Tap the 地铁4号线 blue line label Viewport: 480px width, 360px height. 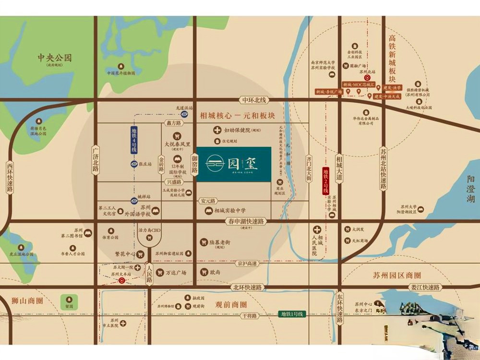pyautogui.click(x=134, y=140)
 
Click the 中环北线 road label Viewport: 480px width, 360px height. pyautogui.click(x=254, y=100)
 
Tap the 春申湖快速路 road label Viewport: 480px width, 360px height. pyautogui.click(x=245, y=221)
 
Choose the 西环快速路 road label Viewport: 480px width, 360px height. pyautogui.click(x=10, y=176)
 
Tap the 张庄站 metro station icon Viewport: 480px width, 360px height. pyautogui.click(x=134, y=164)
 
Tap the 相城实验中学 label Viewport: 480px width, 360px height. pyautogui.click(x=230, y=210)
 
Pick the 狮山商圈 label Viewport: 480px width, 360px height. pyautogui.click(x=27, y=301)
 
